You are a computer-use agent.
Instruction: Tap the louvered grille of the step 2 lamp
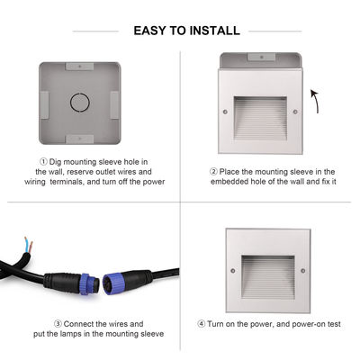point(260,118)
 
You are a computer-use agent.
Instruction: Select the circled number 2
point(213,171)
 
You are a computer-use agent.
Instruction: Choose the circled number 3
point(58,323)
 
